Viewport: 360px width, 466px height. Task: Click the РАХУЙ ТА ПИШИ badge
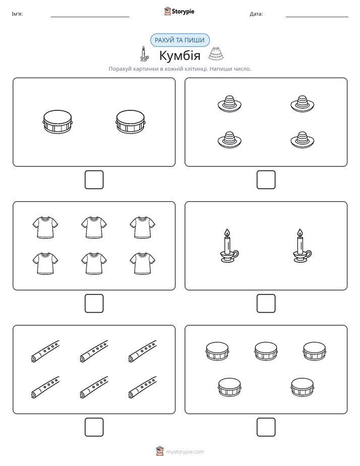(x=179, y=40)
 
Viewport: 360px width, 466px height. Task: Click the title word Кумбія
(x=179, y=55)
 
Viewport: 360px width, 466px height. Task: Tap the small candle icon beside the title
(x=144, y=54)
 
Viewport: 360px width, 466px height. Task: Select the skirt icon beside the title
(x=216, y=54)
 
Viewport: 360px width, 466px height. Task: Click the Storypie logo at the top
(x=179, y=11)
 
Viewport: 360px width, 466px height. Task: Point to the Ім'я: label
(x=17, y=14)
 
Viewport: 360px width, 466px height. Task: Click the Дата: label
(x=256, y=14)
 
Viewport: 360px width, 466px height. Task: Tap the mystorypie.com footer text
(x=185, y=452)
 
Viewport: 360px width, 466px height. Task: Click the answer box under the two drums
(x=94, y=180)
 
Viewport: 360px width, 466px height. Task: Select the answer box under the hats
(x=266, y=180)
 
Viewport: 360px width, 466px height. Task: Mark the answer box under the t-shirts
(x=94, y=304)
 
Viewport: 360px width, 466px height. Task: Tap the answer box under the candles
(x=266, y=304)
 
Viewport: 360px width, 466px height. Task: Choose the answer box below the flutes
(x=94, y=427)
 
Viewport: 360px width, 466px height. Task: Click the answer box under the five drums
(x=266, y=427)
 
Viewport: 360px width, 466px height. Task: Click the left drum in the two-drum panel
(x=57, y=122)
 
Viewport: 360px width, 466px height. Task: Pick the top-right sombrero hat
(x=303, y=104)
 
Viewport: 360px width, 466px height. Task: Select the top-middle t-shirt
(x=94, y=227)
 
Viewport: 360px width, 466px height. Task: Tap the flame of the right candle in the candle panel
(x=300, y=232)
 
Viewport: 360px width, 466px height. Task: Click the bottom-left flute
(x=45, y=387)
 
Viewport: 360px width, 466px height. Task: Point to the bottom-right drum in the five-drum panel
(x=303, y=387)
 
